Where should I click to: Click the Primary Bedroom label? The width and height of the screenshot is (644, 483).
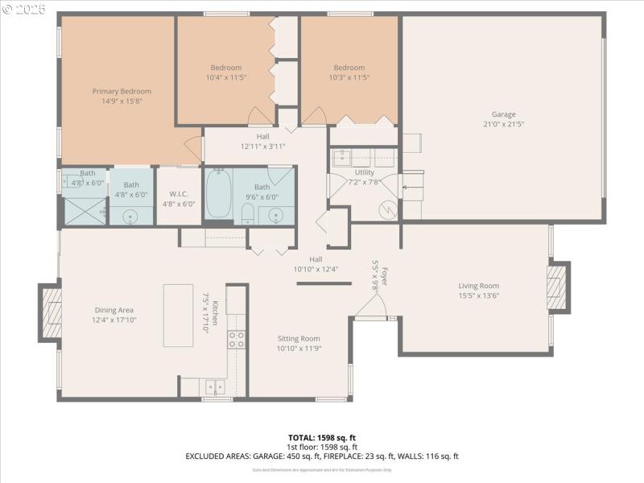122,91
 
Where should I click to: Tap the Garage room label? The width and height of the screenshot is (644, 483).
504,114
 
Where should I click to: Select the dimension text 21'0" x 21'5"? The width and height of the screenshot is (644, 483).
504,124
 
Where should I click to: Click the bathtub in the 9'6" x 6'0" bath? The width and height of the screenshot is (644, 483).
218,194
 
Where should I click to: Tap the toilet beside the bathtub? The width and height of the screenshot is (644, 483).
248,213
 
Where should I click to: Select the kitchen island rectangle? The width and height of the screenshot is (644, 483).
178,315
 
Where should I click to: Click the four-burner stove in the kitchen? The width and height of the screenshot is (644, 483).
237,340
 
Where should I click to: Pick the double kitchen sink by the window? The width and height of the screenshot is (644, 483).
214,386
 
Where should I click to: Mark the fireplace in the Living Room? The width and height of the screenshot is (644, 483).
558,287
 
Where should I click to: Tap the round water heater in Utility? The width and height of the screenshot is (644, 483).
388,209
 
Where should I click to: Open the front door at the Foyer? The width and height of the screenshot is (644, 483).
369,308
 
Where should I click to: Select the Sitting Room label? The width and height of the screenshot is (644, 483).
299,338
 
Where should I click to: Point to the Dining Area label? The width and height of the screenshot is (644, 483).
114,310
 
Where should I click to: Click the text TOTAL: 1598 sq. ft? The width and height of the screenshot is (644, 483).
321,437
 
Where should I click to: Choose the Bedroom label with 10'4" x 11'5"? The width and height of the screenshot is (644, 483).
226,68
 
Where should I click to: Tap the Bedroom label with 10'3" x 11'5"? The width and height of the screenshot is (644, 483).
349,68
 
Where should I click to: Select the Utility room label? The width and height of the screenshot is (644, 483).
365,172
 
